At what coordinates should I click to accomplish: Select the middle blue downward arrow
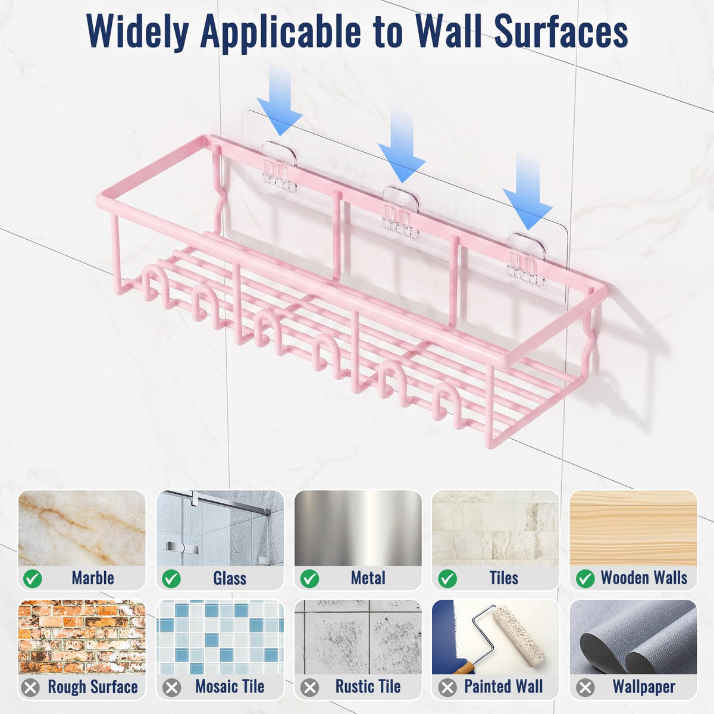(x=402, y=146)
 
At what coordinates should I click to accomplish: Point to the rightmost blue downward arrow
(x=527, y=191)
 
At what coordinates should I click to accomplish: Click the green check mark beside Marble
(x=33, y=578)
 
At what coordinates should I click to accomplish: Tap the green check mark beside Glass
(x=171, y=578)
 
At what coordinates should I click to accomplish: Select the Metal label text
(x=368, y=578)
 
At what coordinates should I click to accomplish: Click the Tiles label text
(x=503, y=578)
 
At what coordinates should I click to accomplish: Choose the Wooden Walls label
(x=644, y=578)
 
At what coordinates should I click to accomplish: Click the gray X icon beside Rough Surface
(x=30, y=688)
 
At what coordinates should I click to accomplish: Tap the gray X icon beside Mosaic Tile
(x=172, y=688)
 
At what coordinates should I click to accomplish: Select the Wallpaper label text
(x=644, y=687)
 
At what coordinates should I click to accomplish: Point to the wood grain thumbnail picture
(x=633, y=528)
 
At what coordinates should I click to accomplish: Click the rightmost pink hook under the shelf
(x=449, y=406)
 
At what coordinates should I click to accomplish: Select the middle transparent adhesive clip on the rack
(x=400, y=212)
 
